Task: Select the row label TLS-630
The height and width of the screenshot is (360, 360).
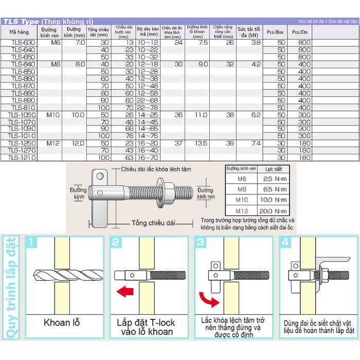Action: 23,43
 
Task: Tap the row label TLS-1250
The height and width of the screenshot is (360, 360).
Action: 23,143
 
